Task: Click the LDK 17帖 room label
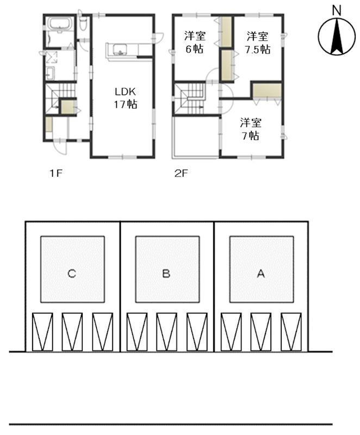pos(126,98)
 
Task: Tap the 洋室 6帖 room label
pos(195,42)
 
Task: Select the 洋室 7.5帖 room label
pos(257,42)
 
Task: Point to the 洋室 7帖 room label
pos(251,129)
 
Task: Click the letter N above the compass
pos(337,11)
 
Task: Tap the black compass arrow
pos(337,36)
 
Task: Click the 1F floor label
pos(56,173)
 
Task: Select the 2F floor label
pos(182,173)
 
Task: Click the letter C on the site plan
pos(72,274)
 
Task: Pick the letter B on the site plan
pos(166,274)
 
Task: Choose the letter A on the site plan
pos(260,274)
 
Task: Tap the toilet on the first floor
pos(83,23)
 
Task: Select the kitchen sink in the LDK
pos(120,49)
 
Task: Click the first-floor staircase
pos(60,98)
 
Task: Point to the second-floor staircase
pos(192,98)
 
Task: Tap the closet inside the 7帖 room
pos(267,90)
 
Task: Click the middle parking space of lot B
pos(166,332)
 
